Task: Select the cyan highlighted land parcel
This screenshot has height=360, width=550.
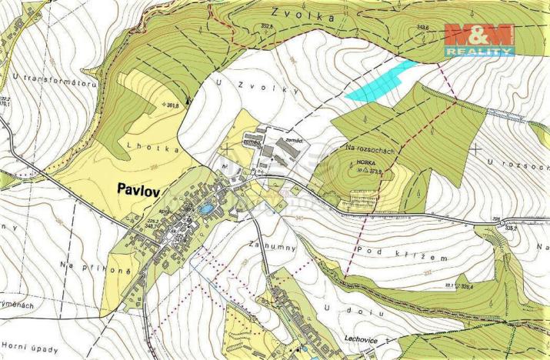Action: click(381, 82)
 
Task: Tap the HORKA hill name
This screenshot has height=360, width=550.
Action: click(365, 163)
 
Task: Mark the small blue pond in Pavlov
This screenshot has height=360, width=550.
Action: click(205, 208)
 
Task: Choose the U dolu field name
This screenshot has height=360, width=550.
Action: click(343, 308)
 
